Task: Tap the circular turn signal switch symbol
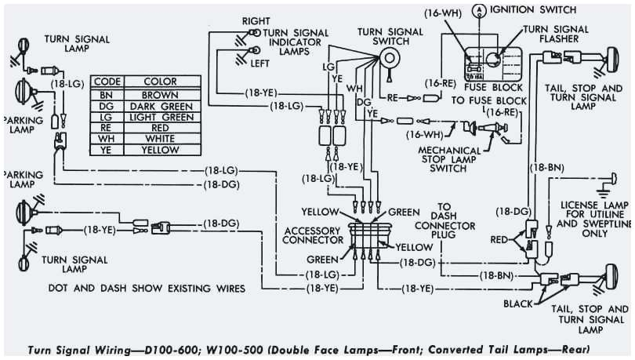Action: point(386,55)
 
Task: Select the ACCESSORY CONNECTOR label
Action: point(312,236)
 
